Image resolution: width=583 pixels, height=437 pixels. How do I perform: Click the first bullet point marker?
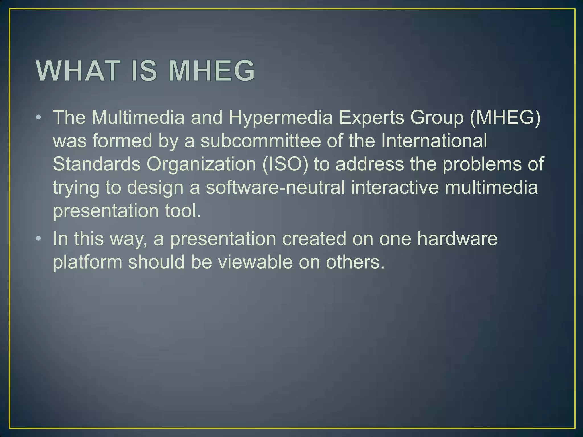pyautogui.click(x=39, y=117)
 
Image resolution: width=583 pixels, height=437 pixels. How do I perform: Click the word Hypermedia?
pyautogui.click(x=281, y=118)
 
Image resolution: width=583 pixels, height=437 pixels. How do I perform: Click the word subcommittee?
pyautogui.click(x=260, y=141)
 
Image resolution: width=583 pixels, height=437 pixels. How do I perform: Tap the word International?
pyautogui.click(x=434, y=141)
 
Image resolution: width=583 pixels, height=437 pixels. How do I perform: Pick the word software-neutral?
pyautogui.click(x=275, y=188)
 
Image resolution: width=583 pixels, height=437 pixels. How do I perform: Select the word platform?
pyautogui.click(x=87, y=262)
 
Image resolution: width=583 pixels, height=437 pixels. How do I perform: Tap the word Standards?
pyautogui.click(x=97, y=164)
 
